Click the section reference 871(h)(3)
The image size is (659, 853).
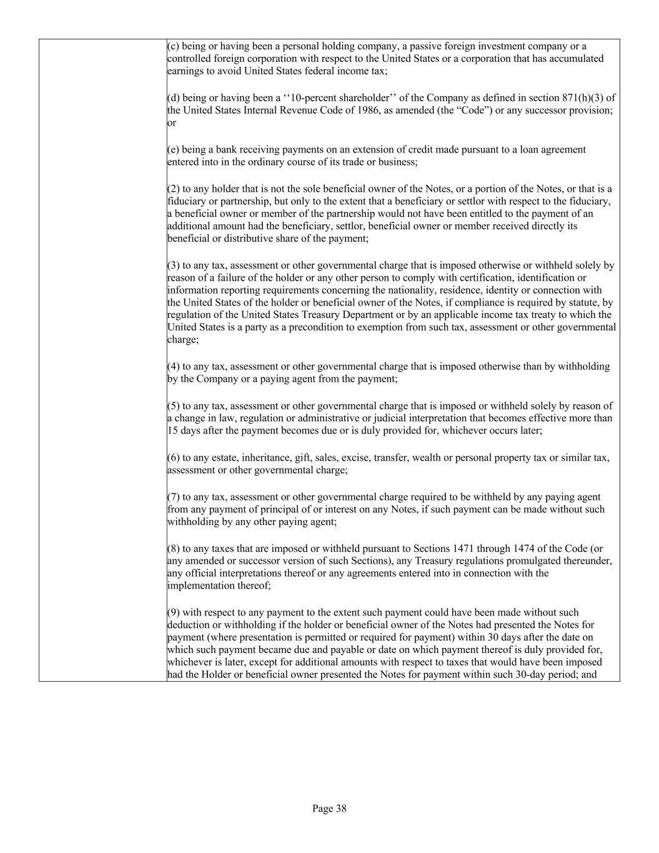tap(579, 97)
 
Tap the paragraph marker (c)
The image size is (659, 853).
tap(173, 46)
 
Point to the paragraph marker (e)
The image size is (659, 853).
tap(173, 149)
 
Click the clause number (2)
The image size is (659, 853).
tap(174, 189)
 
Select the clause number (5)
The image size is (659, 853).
tap(174, 406)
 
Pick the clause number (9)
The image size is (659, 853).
tap(174, 612)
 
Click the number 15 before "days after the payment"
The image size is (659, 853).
tap(172, 431)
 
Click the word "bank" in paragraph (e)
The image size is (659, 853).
tap(220, 149)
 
